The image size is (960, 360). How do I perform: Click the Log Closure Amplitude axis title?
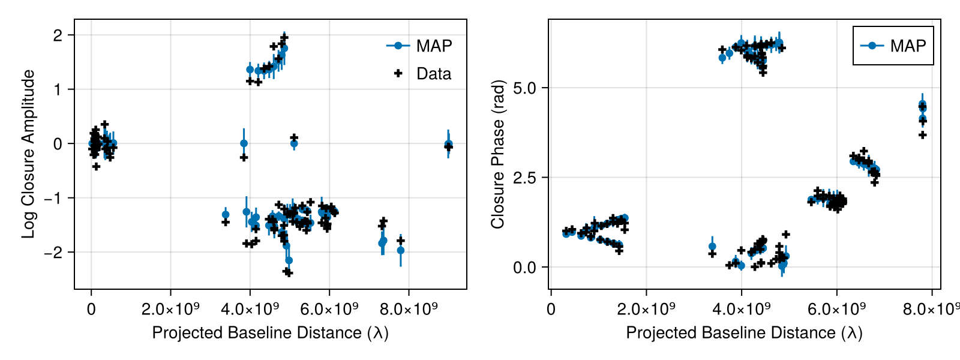click(28, 154)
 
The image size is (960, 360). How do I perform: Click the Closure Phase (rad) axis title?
click(497, 154)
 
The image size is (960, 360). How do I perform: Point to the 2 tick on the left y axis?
click(58, 35)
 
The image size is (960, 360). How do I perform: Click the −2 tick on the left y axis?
click(53, 252)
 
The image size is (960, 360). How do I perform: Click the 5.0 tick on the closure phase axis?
click(524, 88)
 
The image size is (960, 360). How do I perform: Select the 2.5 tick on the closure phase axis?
click(524, 178)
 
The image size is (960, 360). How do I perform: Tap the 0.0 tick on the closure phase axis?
click(524, 268)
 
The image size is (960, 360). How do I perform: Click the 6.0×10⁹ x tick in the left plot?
click(329, 309)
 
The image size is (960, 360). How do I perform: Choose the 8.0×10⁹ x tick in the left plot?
click(409, 309)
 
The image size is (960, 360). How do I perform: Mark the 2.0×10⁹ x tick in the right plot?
click(646, 309)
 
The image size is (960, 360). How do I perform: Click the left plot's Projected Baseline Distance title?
click(270, 333)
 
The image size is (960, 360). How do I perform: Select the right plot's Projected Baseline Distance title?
click(744, 333)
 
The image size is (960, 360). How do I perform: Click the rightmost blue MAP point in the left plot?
click(448, 144)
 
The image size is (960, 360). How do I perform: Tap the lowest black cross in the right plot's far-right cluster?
click(923, 135)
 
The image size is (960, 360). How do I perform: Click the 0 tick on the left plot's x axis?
click(91, 309)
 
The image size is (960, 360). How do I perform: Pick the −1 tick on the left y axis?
click(53, 198)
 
